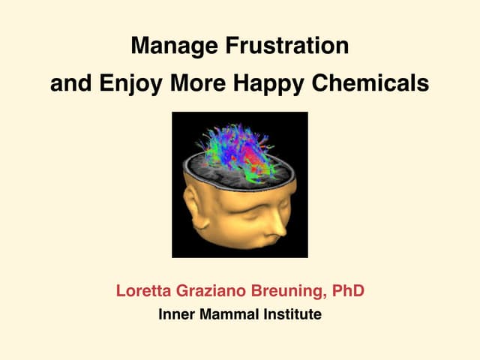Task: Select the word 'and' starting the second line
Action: coord(65,82)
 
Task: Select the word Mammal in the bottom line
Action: coord(229,314)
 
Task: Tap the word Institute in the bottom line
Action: coord(292,314)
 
